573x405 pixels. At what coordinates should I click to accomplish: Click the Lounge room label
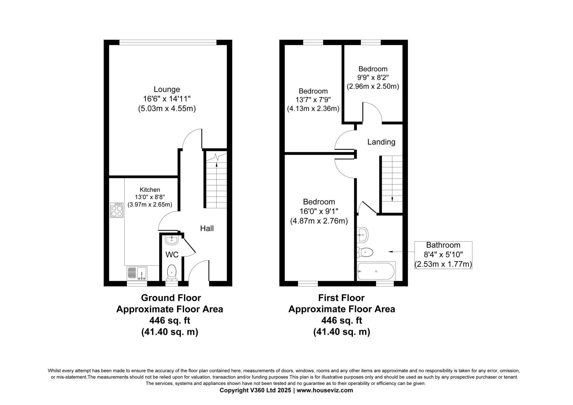tap(167, 90)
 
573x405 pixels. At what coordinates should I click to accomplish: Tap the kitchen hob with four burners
tap(117, 210)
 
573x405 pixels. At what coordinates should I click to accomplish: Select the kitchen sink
tap(137, 273)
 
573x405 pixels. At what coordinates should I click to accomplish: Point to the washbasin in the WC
tap(172, 240)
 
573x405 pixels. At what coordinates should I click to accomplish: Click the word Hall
tap(207, 229)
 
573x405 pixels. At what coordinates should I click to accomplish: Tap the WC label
tap(172, 255)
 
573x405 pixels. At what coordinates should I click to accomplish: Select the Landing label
tap(381, 142)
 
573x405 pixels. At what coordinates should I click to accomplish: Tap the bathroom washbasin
tap(363, 235)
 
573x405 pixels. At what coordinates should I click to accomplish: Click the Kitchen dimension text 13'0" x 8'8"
tap(150, 197)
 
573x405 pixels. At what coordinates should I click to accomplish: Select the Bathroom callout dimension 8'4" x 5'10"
tap(443, 255)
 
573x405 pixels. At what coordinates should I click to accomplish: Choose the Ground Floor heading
tap(171, 298)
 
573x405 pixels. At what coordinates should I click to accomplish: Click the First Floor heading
tap(341, 298)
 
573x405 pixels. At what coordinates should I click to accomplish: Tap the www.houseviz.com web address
tap(325, 390)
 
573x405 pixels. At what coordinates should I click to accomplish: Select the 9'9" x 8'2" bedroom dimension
tap(373, 78)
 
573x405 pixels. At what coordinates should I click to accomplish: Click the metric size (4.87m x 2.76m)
tap(319, 221)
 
